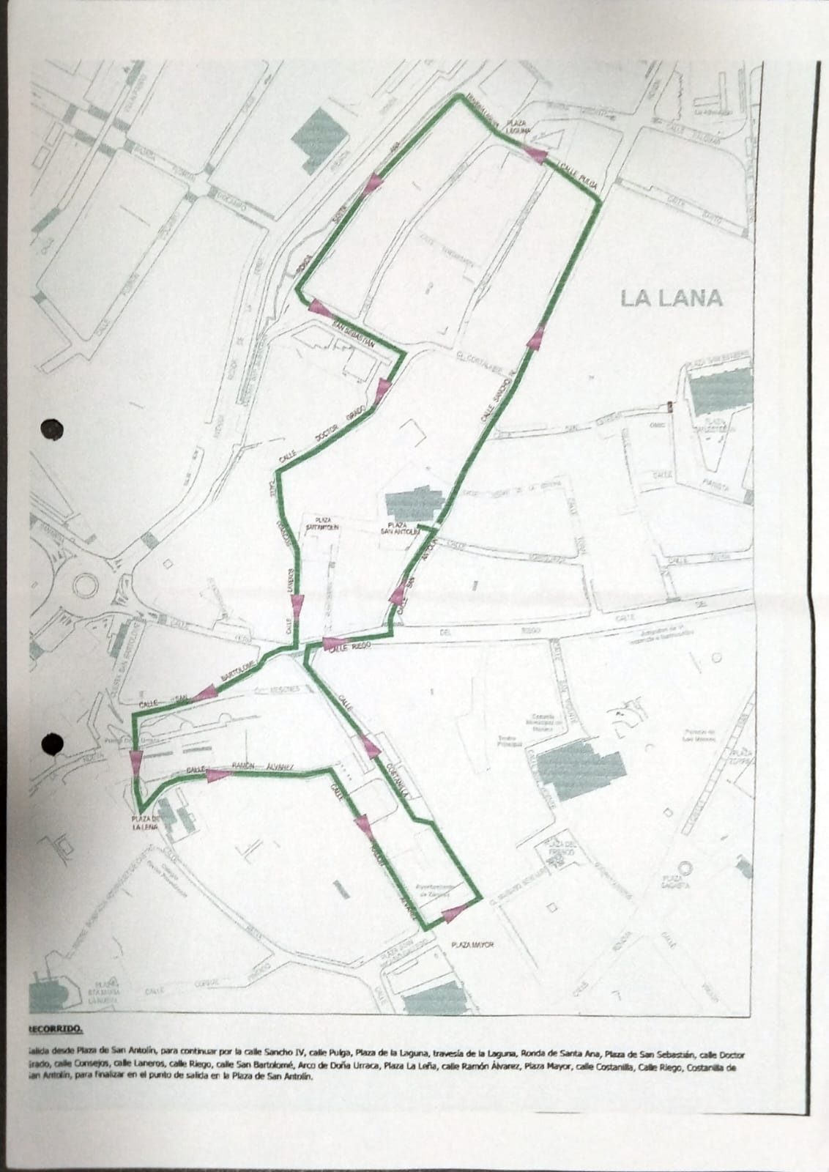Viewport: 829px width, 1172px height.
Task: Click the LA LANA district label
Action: (x=671, y=298)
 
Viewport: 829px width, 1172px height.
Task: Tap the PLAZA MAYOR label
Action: (x=472, y=944)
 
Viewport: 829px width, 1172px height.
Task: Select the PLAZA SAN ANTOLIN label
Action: (x=402, y=530)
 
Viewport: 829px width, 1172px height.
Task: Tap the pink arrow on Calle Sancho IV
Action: (x=537, y=338)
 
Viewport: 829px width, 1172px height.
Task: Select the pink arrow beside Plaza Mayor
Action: (x=454, y=913)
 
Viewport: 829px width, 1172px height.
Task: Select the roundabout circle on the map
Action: (x=86, y=584)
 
